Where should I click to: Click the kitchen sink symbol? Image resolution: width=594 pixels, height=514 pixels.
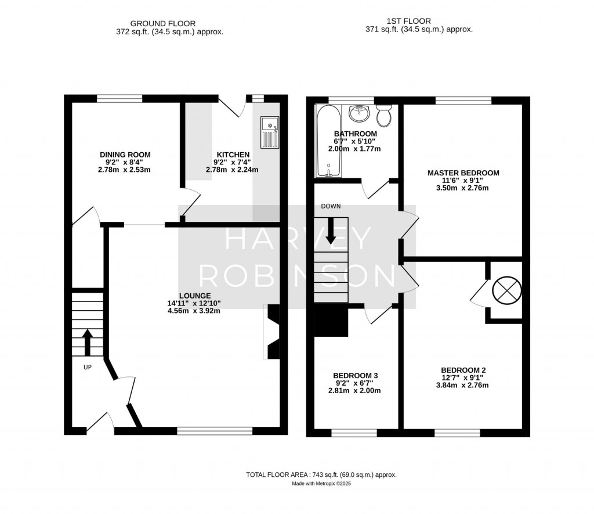pos(270,132)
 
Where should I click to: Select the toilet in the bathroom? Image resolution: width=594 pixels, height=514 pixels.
pos(383,116)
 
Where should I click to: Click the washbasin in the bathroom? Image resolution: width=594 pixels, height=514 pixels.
pos(360,113)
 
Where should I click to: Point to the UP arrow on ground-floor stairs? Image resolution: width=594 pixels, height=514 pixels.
pos(87,342)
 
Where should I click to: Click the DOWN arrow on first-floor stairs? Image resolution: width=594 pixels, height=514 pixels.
pos(331,230)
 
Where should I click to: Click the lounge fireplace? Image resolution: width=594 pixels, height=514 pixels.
pos(271,331)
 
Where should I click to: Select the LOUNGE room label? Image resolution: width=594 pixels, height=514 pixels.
pos(194,296)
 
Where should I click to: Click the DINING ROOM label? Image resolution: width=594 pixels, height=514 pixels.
pos(125,154)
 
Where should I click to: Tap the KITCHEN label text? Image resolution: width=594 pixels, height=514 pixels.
pos(232,154)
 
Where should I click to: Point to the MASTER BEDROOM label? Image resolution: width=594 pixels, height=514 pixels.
pos(463,173)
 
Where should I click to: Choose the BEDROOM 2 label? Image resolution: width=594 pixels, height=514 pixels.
pos(463,370)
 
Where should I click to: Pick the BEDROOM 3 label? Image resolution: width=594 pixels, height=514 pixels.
pos(356,376)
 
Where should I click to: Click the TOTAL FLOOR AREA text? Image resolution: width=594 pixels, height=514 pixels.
pos(321,475)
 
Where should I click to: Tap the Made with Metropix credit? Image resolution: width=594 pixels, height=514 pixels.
pos(321,483)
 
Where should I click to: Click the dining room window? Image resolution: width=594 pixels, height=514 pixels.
pos(119,99)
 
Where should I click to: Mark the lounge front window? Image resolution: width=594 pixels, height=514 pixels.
pos(215,431)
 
